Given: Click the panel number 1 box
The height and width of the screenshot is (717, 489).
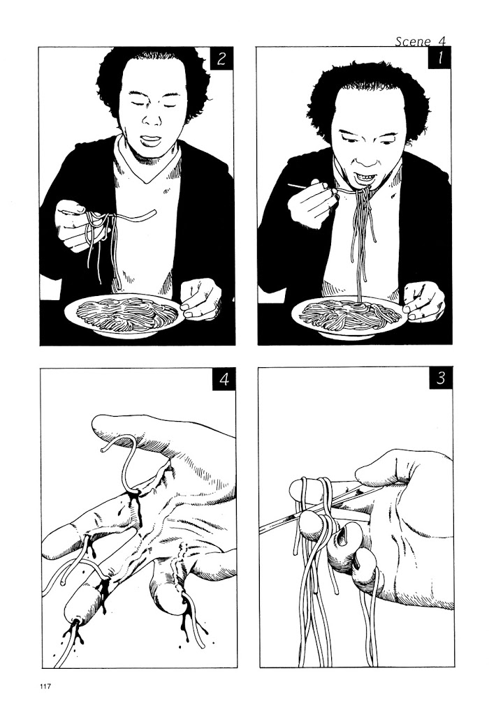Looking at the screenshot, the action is pos(439,58).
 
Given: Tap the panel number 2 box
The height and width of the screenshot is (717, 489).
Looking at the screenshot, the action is pos(222,58).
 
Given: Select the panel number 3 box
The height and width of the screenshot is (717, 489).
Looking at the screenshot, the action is pos(441,378).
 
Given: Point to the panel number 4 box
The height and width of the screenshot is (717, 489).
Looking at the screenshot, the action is pos(224,379).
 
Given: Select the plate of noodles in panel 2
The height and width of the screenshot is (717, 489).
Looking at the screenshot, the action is pos(124,315).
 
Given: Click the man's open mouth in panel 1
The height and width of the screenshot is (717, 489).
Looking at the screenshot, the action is pos(365,176).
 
